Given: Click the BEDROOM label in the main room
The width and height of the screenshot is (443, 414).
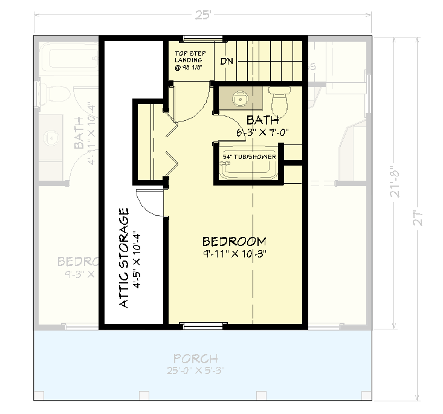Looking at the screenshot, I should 234,241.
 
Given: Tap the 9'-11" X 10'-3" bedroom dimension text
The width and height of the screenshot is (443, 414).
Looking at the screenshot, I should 234,254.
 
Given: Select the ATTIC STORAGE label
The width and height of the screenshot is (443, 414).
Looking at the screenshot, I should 124,258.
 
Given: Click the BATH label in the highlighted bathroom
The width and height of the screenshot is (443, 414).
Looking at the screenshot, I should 262,120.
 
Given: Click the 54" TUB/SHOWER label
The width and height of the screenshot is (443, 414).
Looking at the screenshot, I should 249,157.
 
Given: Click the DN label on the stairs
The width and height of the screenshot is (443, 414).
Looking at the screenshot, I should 227,62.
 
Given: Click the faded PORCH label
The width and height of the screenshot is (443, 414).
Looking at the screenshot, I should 202,359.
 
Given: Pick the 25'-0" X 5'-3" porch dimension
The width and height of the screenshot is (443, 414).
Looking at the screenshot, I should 202,370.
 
